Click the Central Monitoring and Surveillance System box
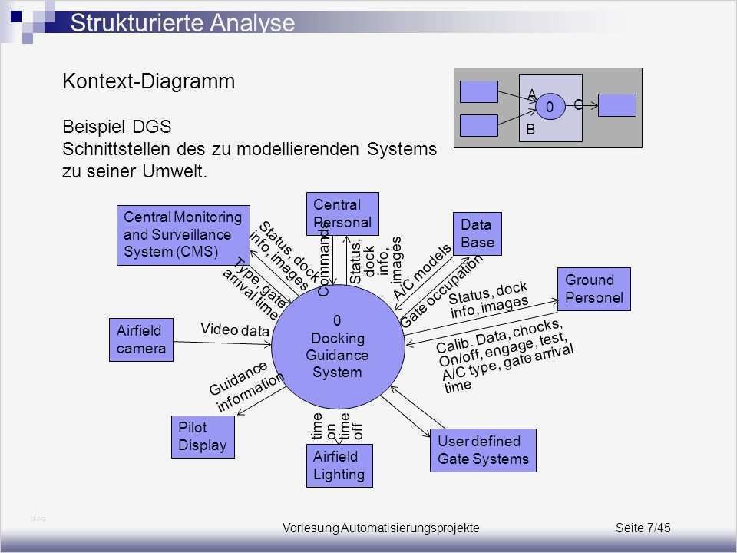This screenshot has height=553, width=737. click(x=183, y=235)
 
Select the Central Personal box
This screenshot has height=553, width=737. click(x=342, y=214)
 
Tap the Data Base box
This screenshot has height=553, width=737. click(x=477, y=233)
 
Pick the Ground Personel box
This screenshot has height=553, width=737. click(x=593, y=289)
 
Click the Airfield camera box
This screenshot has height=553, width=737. click(x=141, y=339)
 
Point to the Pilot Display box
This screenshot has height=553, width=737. click(x=202, y=435)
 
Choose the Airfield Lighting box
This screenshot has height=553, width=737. click(x=339, y=465)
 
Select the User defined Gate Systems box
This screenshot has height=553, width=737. click(x=483, y=450)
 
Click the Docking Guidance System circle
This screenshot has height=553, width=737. click(x=338, y=346)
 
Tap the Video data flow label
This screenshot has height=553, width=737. click(x=235, y=329)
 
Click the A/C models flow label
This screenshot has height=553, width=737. click(x=421, y=271)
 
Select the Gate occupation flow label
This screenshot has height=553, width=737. click(x=442, y=291)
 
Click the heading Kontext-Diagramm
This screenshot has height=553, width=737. click(x=148, y=82)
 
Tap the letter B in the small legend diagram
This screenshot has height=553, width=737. click(x=530, y=131)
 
